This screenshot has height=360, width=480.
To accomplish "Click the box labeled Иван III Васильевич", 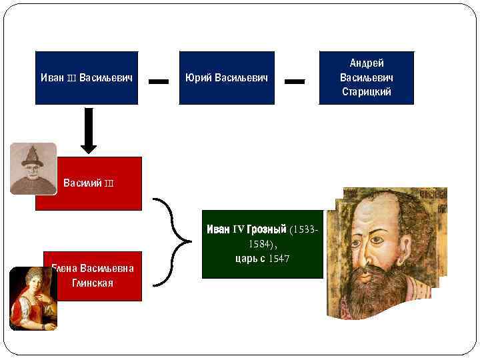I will tap(87, 78).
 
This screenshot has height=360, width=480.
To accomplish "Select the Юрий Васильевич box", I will tap(227, 78).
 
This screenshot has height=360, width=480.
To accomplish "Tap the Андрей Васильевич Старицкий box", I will tap(367, 78).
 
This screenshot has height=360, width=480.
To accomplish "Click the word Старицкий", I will tap(367, 92).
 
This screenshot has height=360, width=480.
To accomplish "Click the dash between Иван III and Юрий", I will tap(158, 81).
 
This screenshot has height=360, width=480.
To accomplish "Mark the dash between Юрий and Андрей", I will tap(295, 81).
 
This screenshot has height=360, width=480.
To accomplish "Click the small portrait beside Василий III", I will tap(33, 168).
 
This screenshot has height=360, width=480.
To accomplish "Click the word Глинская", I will tap(93, 283).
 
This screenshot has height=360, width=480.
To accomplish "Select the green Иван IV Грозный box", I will tap(262, 244).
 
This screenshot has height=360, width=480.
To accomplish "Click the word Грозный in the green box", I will tap(266, 229).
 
